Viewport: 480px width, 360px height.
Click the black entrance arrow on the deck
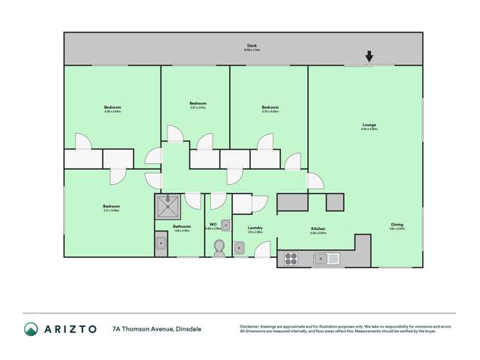pos(369,56)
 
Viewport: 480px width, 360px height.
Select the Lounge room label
pos(369,125)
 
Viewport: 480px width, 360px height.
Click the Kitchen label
pos(318,229)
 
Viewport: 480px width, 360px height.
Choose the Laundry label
pos(255,228)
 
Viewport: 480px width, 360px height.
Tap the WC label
pos(213,224)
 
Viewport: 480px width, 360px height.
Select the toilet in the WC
pos(219,247)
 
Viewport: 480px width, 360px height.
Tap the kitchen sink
pos(327,259)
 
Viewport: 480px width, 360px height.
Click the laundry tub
pos(238,248)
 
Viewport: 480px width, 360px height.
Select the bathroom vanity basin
pos(161,242)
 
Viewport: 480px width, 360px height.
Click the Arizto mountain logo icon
pos(31,328)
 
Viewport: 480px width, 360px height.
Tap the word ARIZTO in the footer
pos(70,328)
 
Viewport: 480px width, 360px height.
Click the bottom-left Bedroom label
pos(111,207)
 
